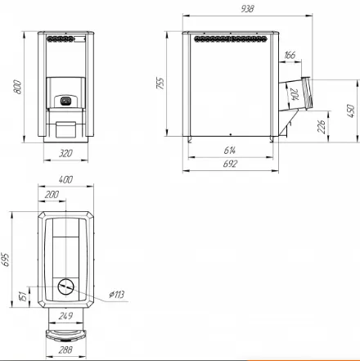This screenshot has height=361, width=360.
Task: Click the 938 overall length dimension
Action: tap(247, 9)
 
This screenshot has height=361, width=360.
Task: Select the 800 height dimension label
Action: tap(17, 87)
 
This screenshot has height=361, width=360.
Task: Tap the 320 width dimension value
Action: tap(65, 153)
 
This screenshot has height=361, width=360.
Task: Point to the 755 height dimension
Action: tap(160, 83)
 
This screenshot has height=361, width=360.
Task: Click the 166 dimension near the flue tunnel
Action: tap(290, 55)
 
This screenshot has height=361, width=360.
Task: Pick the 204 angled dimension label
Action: tap(295, 94)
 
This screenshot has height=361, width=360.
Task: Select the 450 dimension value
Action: tap(351, 111)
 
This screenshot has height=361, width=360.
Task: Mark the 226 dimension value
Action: tap(322, 126)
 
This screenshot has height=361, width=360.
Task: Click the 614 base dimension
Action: tap(230, 151)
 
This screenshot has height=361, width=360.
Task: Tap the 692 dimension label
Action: tap(230, 164)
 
